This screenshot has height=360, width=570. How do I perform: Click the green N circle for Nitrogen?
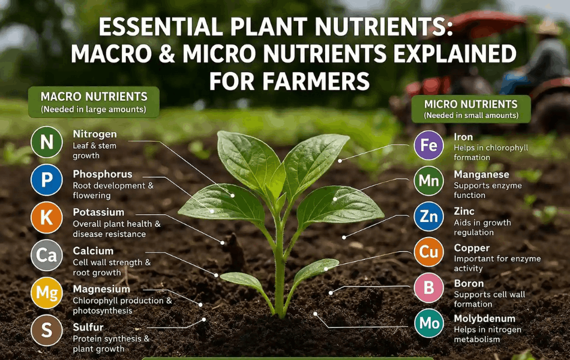46,142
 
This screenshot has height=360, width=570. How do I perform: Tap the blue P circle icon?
46,181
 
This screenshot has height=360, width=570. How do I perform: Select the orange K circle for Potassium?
46,218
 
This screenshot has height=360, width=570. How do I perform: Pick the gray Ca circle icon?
46,256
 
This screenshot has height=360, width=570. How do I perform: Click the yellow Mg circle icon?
46,293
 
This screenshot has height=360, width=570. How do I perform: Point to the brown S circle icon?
46,331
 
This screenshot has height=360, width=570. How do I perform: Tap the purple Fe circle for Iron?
429,146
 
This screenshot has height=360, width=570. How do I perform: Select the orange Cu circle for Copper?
429,253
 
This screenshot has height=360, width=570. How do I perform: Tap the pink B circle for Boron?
429,289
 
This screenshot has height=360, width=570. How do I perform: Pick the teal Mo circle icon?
429,324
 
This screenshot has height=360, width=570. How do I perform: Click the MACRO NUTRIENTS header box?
94,101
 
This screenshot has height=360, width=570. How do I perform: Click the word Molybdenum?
484,319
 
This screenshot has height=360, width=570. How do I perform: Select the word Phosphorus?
103,174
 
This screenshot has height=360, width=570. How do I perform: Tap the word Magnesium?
101,289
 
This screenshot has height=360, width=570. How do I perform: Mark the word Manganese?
481,175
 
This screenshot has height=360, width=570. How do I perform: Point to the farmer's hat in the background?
547,27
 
